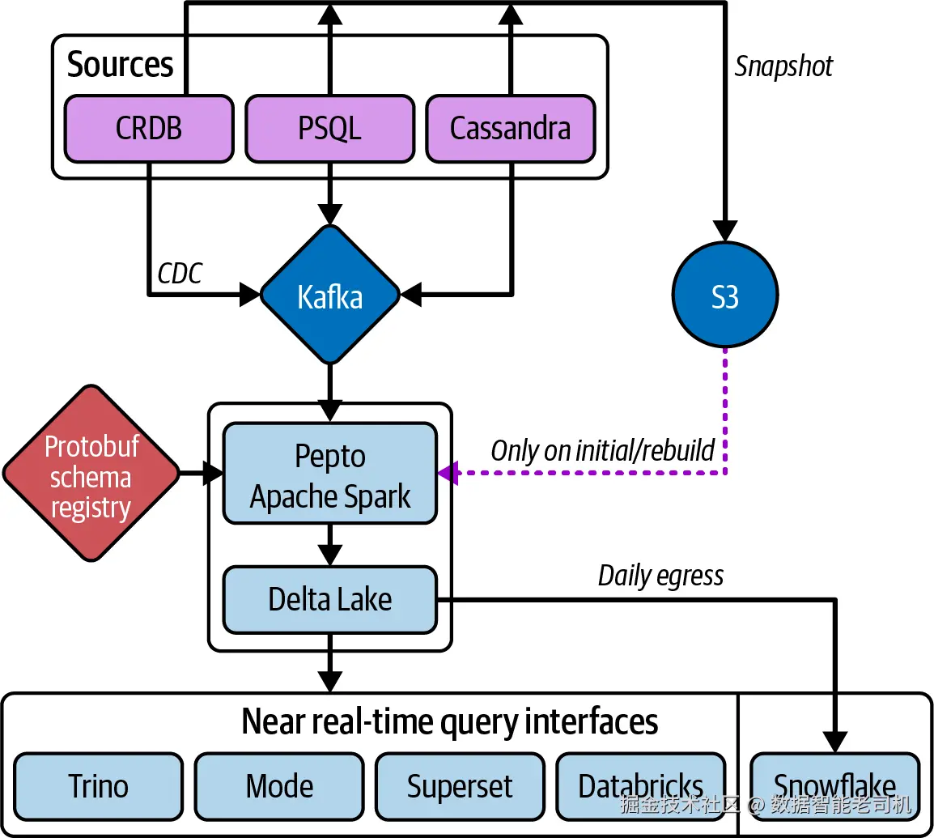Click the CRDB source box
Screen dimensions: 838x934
[149, 128]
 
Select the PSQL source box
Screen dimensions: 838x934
[330, 128]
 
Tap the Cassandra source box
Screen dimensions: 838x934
[511, 128]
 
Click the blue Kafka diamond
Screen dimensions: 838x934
[330, 296]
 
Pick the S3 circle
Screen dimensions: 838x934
[725, 296]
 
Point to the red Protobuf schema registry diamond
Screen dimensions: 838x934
[91, 474]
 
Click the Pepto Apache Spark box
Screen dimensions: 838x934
[330, 474]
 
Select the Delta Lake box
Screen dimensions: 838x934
[330, 600]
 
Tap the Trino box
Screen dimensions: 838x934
[99, 785]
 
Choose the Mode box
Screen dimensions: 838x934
[279, 785]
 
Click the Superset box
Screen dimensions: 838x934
[460, 785]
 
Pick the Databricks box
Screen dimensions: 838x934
[640, 785]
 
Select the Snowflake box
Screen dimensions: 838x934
[835, 785]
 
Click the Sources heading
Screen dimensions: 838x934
[120, 65]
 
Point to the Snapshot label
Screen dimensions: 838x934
[783, 66]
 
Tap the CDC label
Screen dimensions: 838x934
[180, 274]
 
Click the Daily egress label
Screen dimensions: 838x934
[660, 576]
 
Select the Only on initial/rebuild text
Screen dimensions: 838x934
[602, 450]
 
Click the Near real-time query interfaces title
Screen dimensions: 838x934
[450, 721]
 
